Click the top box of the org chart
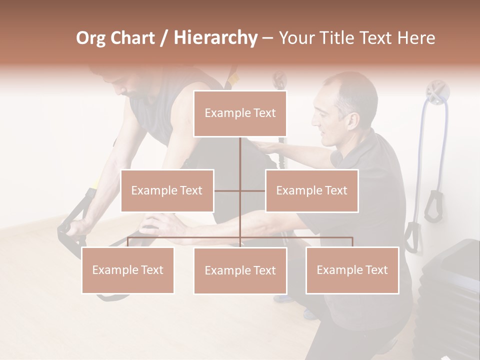[x=240, y=113]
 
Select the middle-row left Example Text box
[x=167, y=190]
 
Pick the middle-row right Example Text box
[x=311, y=190]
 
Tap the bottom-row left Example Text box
[x=128, y=270]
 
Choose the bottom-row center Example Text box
[x=240, y=270]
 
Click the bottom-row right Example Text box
[x=352, y=270]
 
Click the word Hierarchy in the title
[x=215, y=38]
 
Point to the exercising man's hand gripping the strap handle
[x=75, y=227]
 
